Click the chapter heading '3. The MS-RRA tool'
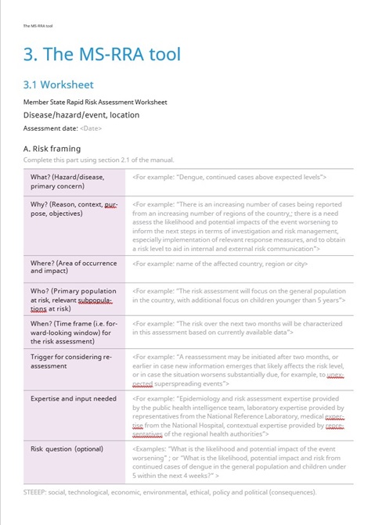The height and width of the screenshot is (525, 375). pos(103,54)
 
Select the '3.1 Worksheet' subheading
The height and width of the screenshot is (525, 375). pos(59,85)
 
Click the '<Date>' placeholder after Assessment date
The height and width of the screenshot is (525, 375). pos(91,128)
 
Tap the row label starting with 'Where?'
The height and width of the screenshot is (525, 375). pos(67,267)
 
